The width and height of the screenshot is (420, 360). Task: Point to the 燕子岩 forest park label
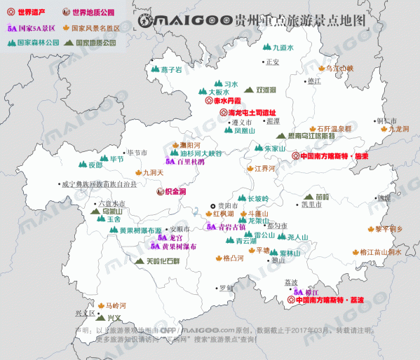pyautogui.click(x=170, y=70)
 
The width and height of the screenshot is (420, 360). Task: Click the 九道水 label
pyautogui.click(x=282, y=48)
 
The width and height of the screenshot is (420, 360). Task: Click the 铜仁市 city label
pyautogui.click(x=387, y=120)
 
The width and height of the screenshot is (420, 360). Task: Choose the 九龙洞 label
pyautogui.click(x=398, y=130)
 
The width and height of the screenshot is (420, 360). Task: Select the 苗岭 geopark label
pyautogui.click(x=322, y=197)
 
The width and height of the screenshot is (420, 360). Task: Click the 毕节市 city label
pyautogui.click(x=136, y=152)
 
